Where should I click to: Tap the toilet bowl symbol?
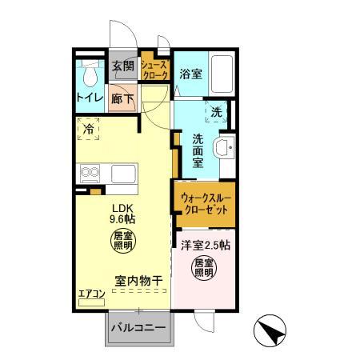[x=90, y=74]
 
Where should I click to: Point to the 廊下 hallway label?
[x=122, y=101]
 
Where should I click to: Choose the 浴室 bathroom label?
[x=190, y=74]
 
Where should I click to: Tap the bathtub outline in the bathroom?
[x=220, y=74]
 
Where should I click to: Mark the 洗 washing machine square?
[x=216, y=112]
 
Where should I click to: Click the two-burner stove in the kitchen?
[x=88, y=173]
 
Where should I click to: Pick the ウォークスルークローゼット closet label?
[x=205, y=203]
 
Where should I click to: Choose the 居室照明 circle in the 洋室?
[x=203, y=268]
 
